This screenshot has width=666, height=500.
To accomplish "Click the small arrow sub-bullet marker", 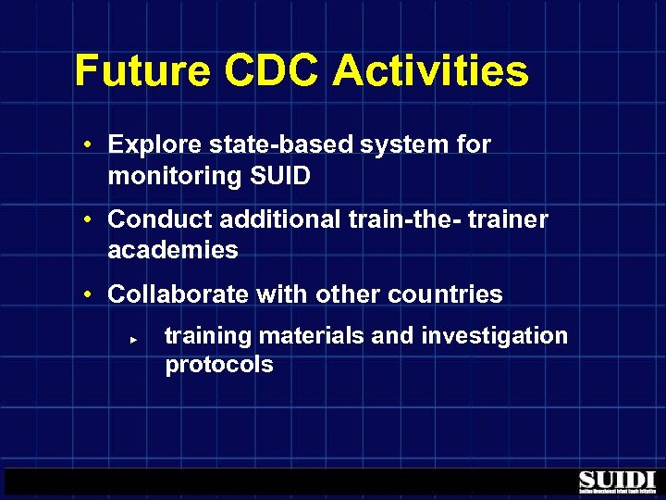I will point(133,340).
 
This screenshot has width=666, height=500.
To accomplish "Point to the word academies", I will point(173,250).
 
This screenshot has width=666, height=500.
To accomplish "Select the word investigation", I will point(495,335).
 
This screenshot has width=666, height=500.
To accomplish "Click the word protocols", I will point(219,365).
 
